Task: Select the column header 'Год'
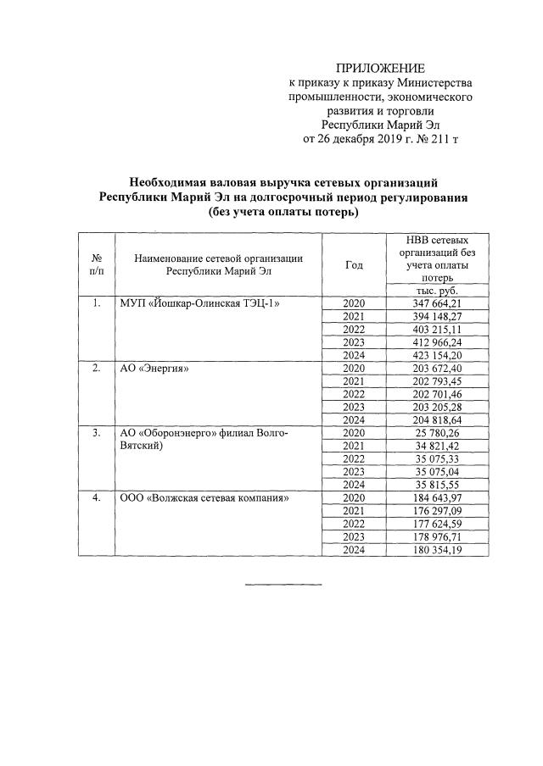(354, 264)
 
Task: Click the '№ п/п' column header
(97, 264)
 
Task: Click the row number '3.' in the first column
(97, 433)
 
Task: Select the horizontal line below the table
(283, 584)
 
